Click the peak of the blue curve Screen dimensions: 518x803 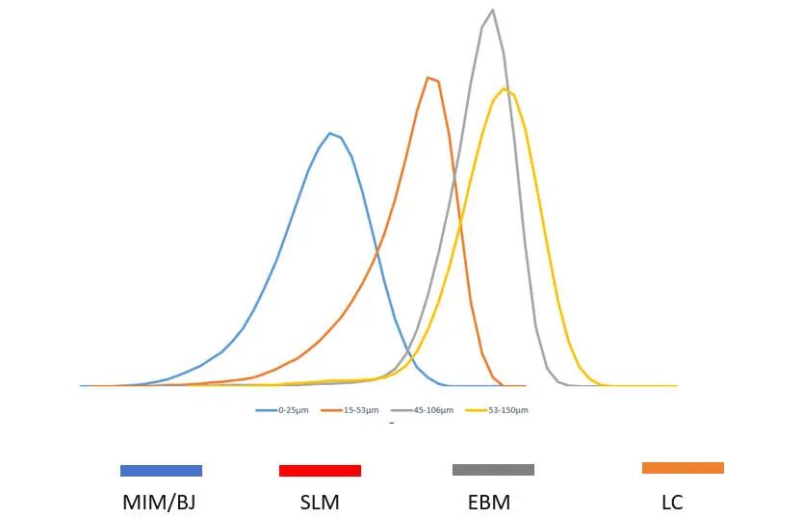[x=330, y=133]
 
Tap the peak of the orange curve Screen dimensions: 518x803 [x=428, y=77]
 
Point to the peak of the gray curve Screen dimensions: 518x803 [x=493, y=10]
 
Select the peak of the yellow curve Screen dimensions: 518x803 [x=504, y=89]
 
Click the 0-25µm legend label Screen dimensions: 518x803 [x=294, y=410]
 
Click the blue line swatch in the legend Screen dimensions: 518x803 [x=267, y=410]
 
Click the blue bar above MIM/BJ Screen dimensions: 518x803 [x=161, y=471]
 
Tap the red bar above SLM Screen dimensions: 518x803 [x=320, y=471]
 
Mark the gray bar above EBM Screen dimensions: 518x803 [x=493, y=470]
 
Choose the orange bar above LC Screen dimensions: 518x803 [x=683, y=468]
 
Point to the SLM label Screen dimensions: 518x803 [x=320, y=502]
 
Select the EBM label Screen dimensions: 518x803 [x=488, y=502]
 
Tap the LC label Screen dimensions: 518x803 [x=672, y=502]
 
